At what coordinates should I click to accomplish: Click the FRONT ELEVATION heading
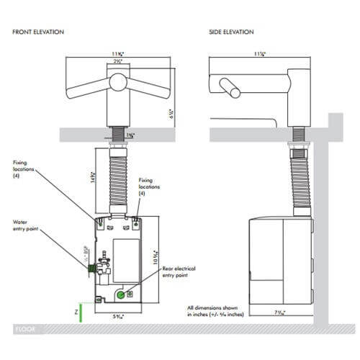pos(42,32)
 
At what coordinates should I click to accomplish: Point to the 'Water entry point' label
pos(26,225)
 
